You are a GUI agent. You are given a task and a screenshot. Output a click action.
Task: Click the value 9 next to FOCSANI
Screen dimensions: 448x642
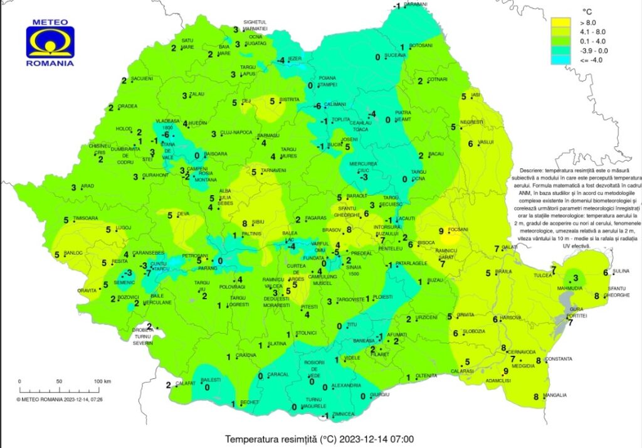tap(441, 231)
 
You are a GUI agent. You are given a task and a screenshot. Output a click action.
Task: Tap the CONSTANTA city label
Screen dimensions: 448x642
tap(559, 359)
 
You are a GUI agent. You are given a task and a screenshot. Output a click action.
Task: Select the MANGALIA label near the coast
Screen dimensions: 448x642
tap(555, 395)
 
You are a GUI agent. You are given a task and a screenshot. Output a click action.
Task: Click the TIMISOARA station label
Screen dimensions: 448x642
tap(86, 218)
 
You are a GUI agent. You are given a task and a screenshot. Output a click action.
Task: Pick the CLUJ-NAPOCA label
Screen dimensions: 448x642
tap(236, 133)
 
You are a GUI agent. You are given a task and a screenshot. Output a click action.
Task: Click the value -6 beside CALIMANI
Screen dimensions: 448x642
tap(317, 105)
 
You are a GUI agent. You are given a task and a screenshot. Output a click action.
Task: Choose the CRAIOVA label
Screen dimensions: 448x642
tap(246, 356)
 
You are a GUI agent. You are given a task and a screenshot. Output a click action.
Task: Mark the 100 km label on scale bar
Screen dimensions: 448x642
tap(103, 381)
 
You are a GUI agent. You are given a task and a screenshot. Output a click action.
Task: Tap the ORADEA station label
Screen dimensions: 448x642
tap(127, 106)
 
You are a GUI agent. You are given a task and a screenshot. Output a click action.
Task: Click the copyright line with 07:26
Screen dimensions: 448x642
tap(59, 398)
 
